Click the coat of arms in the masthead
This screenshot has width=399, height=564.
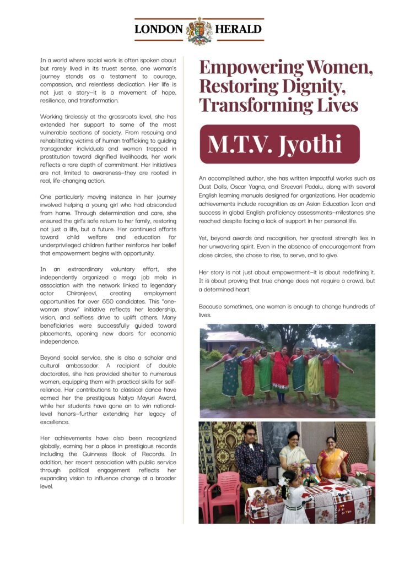[x=199, y=30]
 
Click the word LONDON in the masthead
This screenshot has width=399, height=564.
[x=159, y=30]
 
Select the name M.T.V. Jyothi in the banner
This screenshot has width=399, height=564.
[x=275, y=144]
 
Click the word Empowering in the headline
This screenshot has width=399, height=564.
[x=250, y=68]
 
